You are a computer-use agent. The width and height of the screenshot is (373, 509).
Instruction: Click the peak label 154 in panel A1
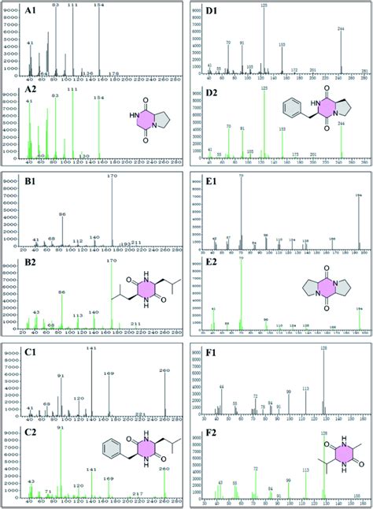98,6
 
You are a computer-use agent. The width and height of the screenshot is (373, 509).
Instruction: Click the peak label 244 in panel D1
341,29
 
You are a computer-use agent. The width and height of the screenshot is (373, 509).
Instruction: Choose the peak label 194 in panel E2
359,309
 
